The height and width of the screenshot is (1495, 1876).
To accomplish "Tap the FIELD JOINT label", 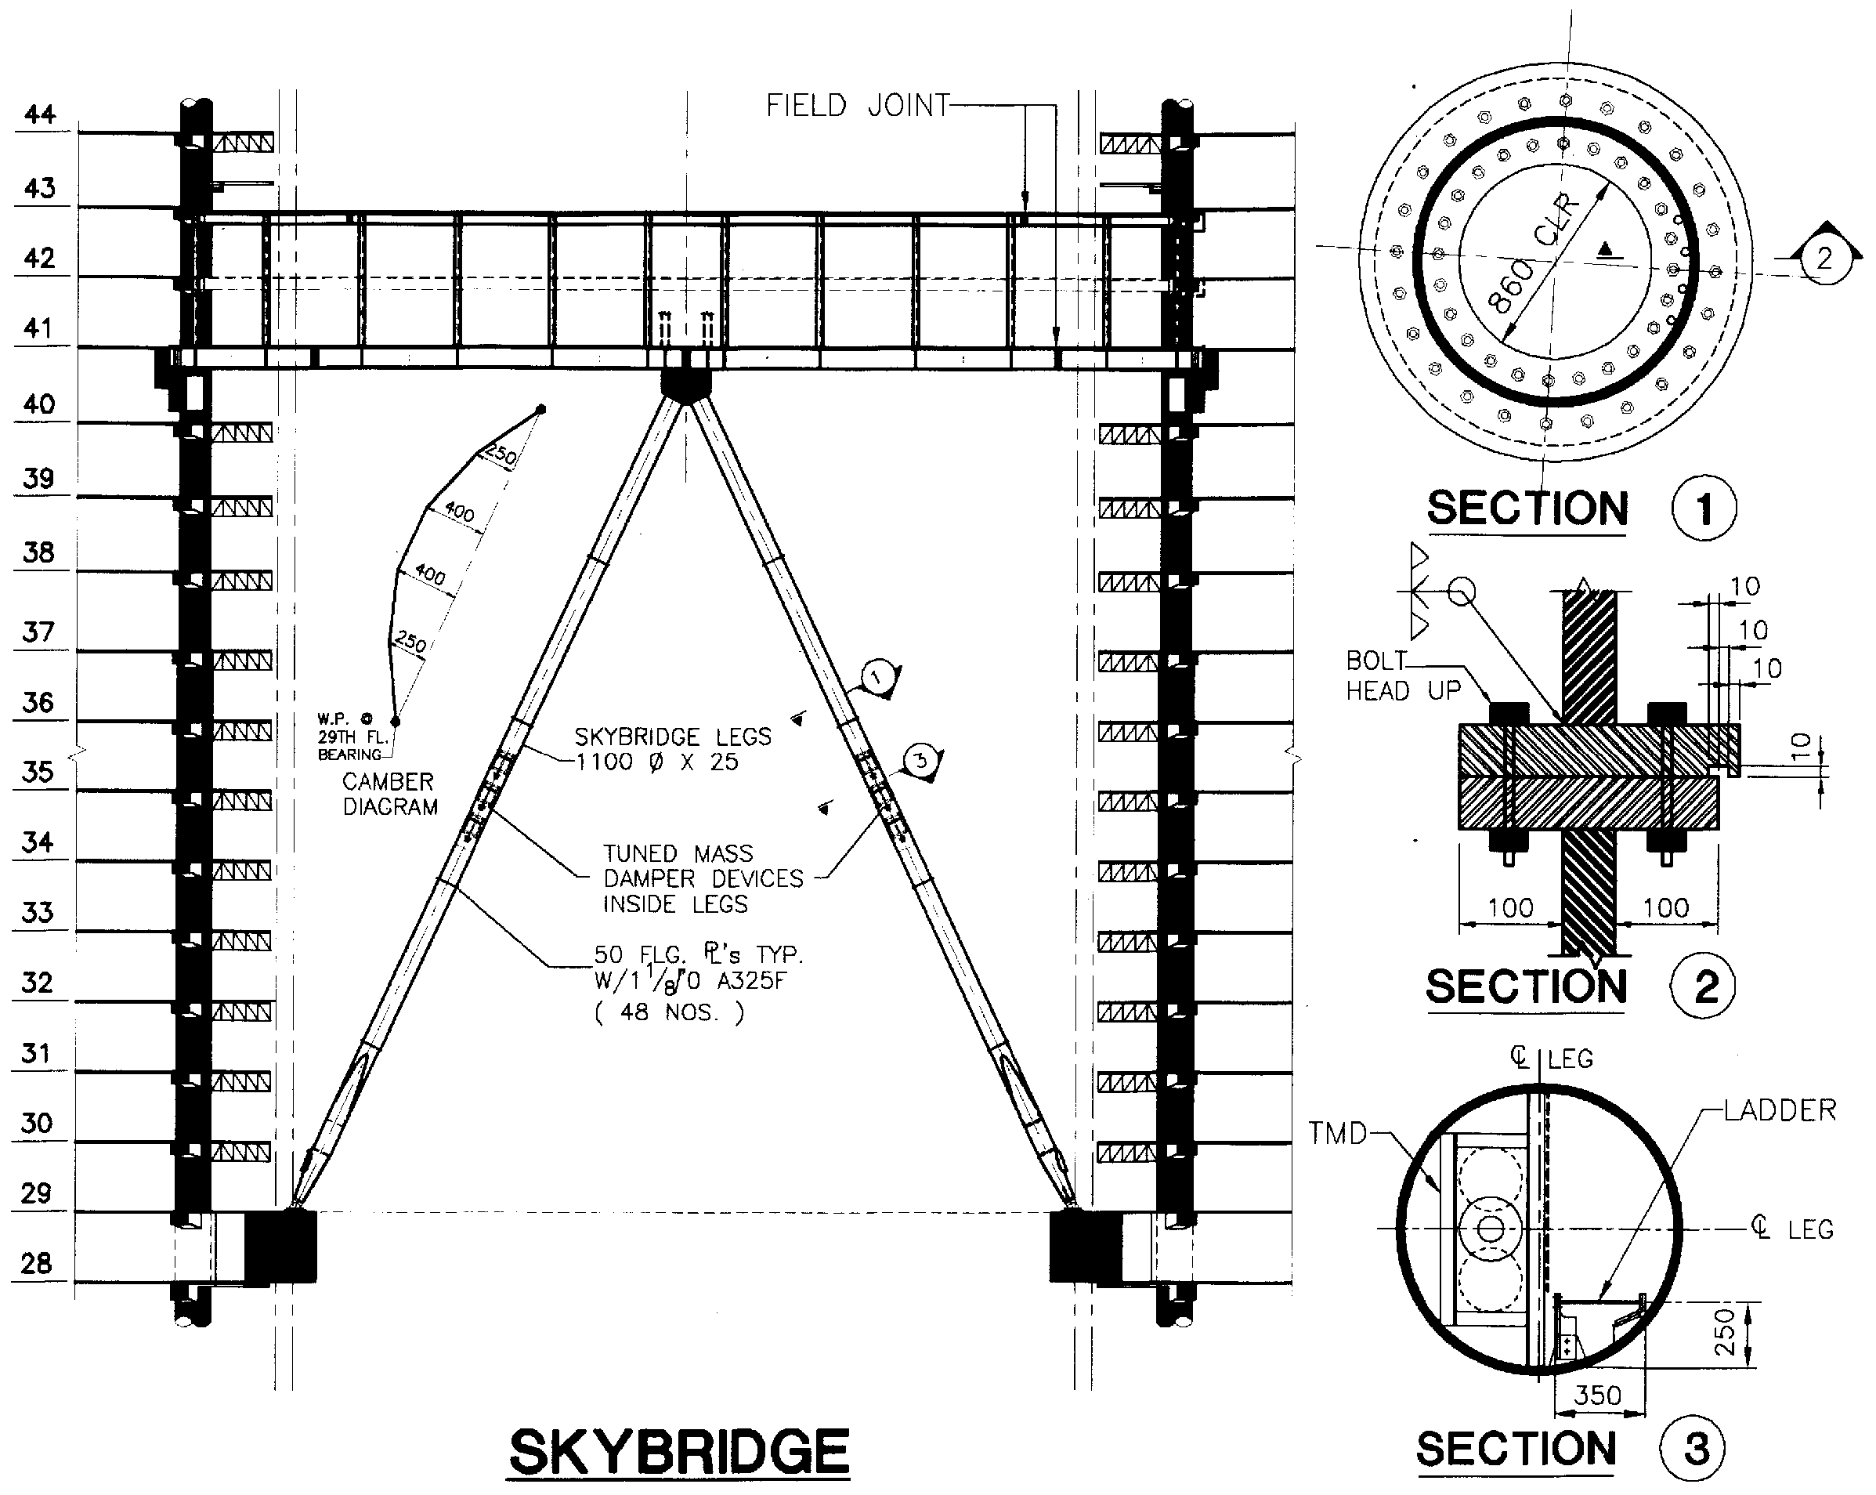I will tap(857, 105).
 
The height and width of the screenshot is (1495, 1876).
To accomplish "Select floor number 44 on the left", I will tap(40, 114).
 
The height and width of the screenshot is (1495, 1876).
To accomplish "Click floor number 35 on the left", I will tap(38, 772).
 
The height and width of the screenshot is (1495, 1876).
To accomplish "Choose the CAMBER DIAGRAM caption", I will tap(389, 794).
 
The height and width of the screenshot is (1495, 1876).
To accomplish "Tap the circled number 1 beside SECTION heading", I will tap(1704, 509).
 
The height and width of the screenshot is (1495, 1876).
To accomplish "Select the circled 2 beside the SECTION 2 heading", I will tap(1703, 986).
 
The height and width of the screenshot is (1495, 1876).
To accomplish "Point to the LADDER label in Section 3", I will tap(1780, 1109).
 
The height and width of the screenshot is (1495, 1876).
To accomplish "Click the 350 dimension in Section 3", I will tap(1598, 1395).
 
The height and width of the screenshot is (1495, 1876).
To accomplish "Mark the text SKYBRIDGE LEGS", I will tap(673, 737).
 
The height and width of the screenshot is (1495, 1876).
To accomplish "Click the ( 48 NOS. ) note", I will tap(669, 1012).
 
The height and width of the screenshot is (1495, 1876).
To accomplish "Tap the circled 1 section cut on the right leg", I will tap(880, 677).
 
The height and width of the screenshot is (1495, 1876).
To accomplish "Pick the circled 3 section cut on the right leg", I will tap(920, 761).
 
